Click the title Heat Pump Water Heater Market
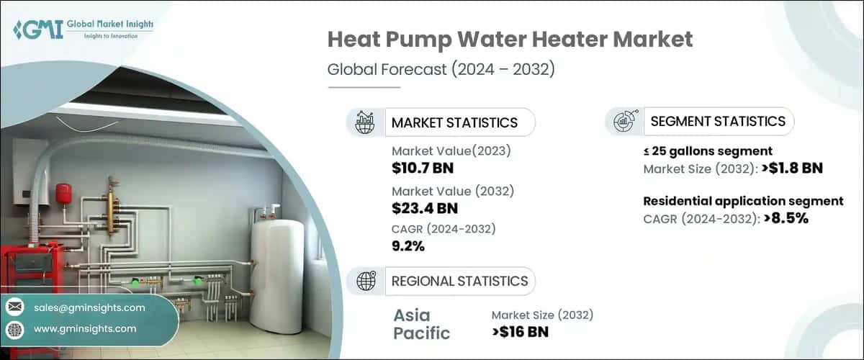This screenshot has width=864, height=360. [x=510, y=40]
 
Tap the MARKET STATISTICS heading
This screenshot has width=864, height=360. [x=454, y=122]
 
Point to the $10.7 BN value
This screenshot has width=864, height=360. [x=423, y=169]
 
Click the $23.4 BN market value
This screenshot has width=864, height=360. [x=425, y=209]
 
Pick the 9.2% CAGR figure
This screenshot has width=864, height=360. [x=408, y=246]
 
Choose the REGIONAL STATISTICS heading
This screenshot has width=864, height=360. [x=459, y=281]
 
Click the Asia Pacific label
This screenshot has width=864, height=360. [x=421, y=324]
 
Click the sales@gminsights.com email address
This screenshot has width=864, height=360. [x=89, y=307]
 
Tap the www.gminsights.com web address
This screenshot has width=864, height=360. [x=85, y=328]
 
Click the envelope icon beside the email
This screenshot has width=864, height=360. [x=15, y=307]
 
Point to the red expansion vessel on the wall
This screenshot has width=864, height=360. [x=63, y=193]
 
